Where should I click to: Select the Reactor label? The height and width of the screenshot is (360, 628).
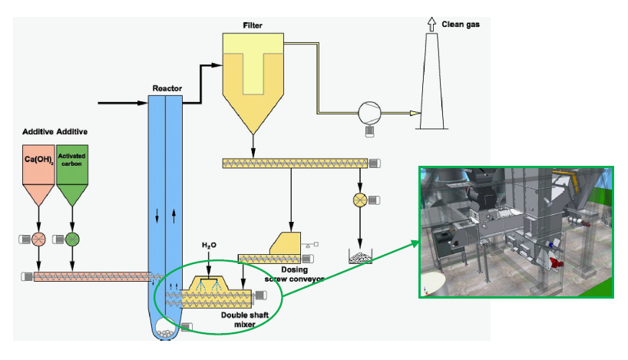(x=167, y=88)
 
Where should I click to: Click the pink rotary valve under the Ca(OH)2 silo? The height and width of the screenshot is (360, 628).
(x=36, y=238)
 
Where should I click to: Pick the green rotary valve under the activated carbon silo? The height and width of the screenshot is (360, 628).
(x=72, y=238)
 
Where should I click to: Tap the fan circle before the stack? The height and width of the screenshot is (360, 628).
(x=369, y=113)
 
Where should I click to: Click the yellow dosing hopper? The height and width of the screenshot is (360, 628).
(x=286, y=245)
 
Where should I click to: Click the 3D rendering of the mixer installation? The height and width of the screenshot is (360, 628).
(x=517, y=231)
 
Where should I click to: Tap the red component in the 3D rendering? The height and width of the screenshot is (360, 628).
(x=558, y=263)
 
